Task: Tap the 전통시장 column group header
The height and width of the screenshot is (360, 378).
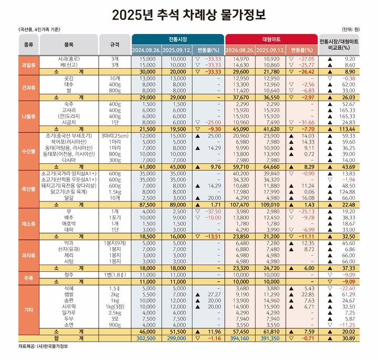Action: tap(178, 39)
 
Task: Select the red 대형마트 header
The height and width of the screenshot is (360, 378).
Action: tap(270, 39)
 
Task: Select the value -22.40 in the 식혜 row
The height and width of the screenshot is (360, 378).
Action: tap(359, 288)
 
